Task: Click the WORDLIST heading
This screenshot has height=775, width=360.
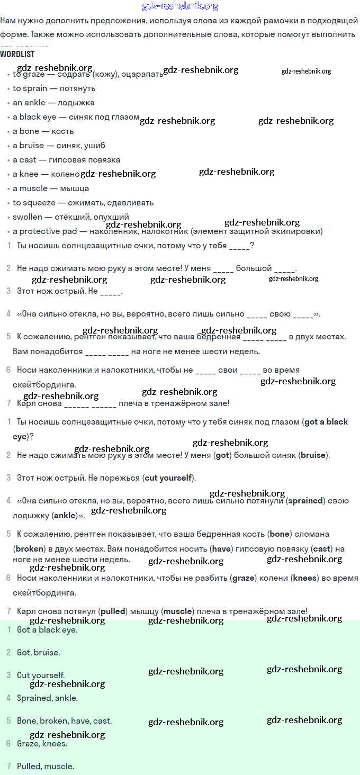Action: pyautogui.click(x=17, y=54)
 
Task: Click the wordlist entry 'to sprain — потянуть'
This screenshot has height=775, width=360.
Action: pyautogui.click(x=54, y=88)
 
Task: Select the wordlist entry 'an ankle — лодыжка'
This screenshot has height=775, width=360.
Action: pyautogui.click(x=53, y=103)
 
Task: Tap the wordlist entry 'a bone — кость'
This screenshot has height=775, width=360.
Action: pyautogui.click(x=43, y=131)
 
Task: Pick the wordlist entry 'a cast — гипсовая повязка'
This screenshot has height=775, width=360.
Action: pyautogui.click(x=66, y=160)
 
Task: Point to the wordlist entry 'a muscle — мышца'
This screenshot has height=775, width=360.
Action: pyautogui.click(x=51, y=188)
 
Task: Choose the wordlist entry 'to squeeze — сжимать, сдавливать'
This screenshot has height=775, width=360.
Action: pyautogui.click(x=83, y=203)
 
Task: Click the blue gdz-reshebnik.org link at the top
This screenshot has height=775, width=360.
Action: pyautogui.click(x=180, y=6)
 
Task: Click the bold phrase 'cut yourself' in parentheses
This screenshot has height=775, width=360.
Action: pyautogui.click(x=168, y=478)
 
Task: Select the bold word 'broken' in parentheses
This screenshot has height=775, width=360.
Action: pyautogui.click(x=30, y=549)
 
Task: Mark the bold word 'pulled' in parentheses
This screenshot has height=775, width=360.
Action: pyautogui.click(x=113, y=611)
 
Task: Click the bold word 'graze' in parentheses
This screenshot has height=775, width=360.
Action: pyautogui.click(x=244, y=578)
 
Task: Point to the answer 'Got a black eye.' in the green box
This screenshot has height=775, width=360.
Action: pyautogui.click(x=47, y=630)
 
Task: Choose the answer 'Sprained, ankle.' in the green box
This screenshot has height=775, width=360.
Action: pyautogui.click(x=47, y=698)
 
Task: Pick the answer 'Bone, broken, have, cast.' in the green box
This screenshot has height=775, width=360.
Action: pyautogui.click(x=64, y=721)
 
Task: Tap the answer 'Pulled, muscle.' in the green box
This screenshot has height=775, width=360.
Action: pyautogui.click(x=46, y=767)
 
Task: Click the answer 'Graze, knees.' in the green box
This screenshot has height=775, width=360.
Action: pyautogui.click(x=42, y=744)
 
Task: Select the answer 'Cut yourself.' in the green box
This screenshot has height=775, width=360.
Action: pyautogui.click(x=41, y=675)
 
